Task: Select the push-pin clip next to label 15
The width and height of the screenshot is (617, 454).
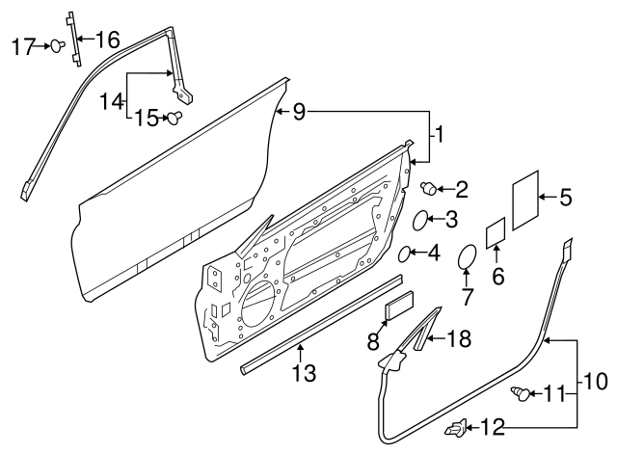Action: pos(174,119)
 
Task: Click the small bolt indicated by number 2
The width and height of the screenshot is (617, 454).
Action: pos(429,188)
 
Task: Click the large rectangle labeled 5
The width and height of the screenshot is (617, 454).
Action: pos(525,200)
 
